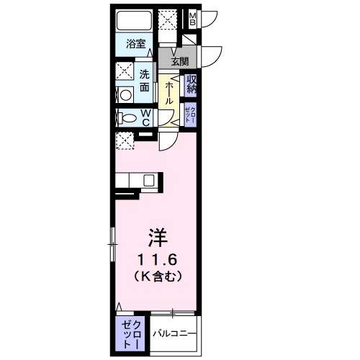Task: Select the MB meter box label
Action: coord(193,19)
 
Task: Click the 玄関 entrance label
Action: coord(180,62)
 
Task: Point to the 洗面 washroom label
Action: coord(145,79)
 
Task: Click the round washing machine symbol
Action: coord(124,93)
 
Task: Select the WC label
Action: coord(145,118)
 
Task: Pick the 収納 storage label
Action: coord(192,85)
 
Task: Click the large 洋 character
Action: coord(158,236)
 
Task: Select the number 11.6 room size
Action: coord(158,258)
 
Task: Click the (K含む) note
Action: coord(158,276)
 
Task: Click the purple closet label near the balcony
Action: coord(130,333)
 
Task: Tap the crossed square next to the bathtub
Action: coord(169,20)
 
